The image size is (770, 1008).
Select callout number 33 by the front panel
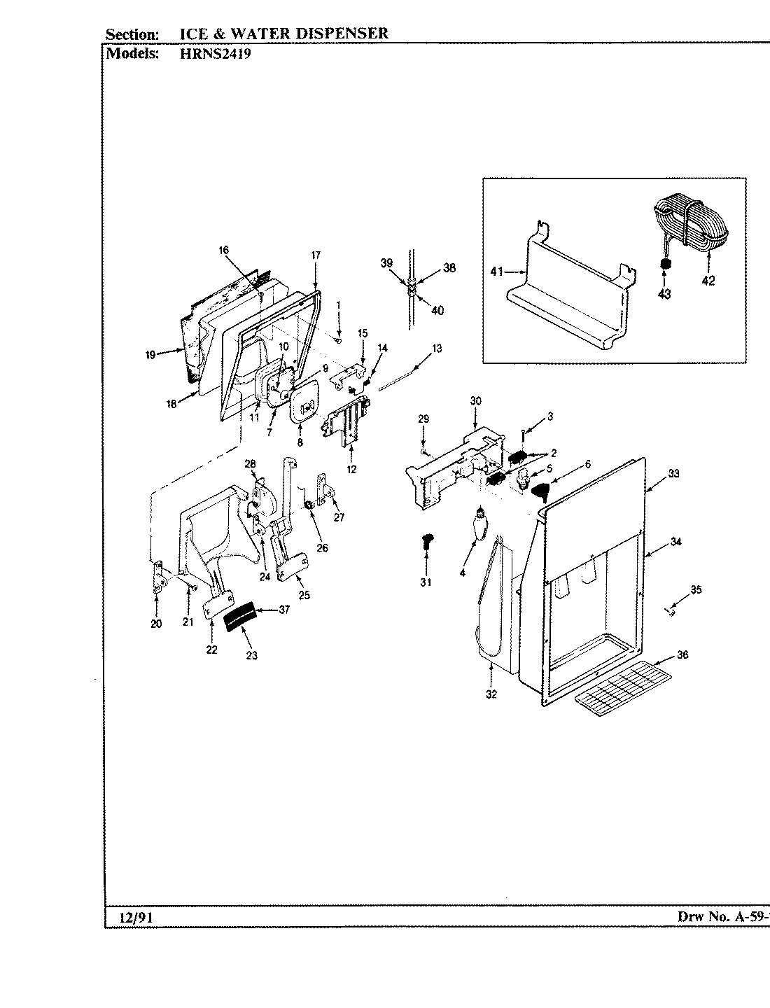point(673,474)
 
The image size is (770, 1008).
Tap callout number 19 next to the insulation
point(150,355)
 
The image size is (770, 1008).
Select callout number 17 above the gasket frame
point(315,255)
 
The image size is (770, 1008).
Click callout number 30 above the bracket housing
point(475,401)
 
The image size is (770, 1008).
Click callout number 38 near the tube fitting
point(449,268)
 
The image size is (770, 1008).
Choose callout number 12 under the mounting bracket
point(351,469)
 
